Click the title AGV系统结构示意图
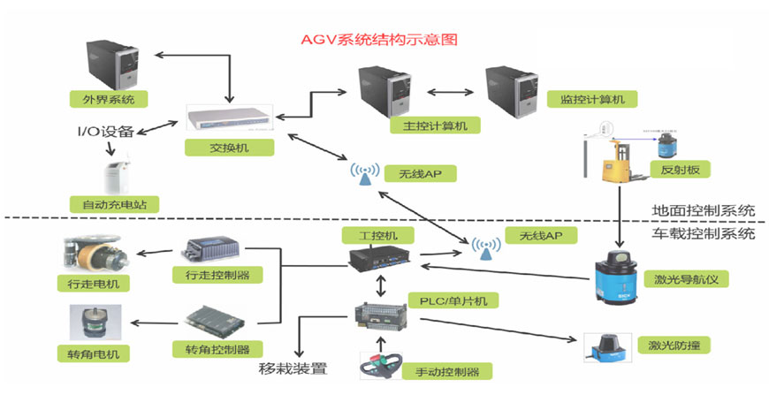(381, 41)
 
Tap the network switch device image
(229, 117)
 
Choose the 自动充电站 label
(112, 202)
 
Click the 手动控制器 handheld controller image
(381, 364)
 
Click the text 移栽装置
(293, 368)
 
